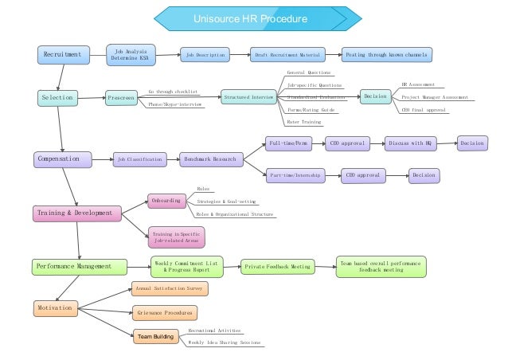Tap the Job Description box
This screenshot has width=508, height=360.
pos(206,55)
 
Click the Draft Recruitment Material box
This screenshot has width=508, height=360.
pos(287,55)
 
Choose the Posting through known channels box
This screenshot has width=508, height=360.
pos(386,55)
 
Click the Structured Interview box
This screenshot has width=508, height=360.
pos(248,96)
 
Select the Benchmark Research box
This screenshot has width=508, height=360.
pos(210,159)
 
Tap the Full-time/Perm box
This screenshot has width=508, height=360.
pos(289,144)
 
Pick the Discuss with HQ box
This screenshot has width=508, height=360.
pos(409,144)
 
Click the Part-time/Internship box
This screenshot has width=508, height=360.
pos(295,174)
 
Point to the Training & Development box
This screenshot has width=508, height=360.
pos(77,213)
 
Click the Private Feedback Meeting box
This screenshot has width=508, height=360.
pos(278,267)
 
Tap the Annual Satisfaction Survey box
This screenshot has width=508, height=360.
pos(170,288)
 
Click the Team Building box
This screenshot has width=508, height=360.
pos(155,337)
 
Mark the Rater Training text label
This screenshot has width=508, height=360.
pos(304,122)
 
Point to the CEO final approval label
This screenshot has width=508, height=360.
pos(422,110)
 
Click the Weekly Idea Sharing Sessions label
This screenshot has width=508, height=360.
pos(224,342)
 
